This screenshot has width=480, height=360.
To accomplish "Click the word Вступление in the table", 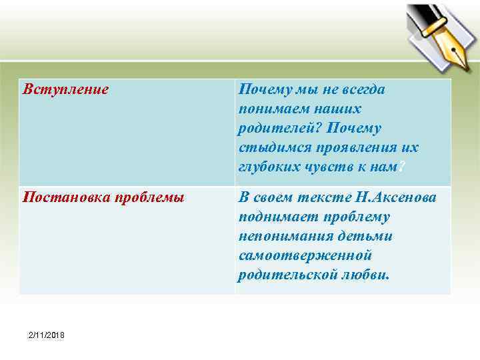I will [x=65, y=89].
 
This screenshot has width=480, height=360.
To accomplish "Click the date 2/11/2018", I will [x=46, y=334].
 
